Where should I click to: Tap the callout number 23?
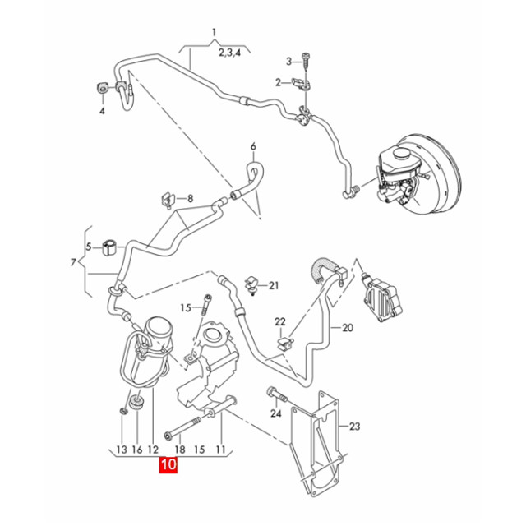355,427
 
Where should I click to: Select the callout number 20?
347,327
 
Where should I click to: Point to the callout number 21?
275,286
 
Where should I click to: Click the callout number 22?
279,321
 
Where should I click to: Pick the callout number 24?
275,413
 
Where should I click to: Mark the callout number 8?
190,199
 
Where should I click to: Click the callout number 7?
74,263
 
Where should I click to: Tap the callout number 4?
103,112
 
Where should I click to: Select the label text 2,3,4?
229,52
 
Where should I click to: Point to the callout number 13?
122,450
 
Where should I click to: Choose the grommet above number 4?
102,88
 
